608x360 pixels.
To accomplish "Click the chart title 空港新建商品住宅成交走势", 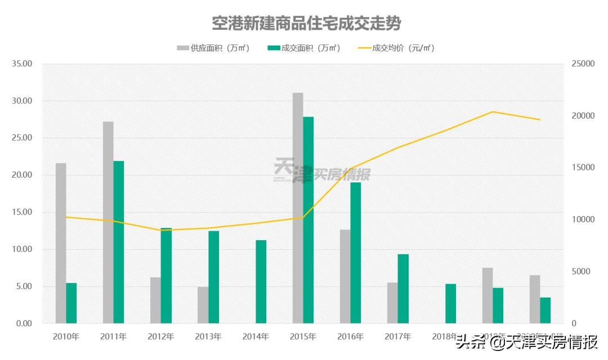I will tap(306, 24).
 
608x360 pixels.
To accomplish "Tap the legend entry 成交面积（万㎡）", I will tap(304, 48).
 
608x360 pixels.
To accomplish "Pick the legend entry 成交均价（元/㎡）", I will tap(396, 48).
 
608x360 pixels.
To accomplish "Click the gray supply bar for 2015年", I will tap(298, 208).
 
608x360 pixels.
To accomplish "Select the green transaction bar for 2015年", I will tap(309, 220).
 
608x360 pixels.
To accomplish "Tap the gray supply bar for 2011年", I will tap(108, 222).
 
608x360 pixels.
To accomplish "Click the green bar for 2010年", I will tap(71, 303).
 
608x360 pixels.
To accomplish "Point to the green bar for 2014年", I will tap(261, 282).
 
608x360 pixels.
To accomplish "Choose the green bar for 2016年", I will tap(356, 253).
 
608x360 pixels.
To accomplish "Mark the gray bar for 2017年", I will tap(392, 303).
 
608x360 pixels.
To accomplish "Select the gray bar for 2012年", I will tap(155, 300).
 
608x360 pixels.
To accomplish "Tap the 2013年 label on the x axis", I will tap(208, 337).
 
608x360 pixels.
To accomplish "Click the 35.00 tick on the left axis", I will tap(23, 64).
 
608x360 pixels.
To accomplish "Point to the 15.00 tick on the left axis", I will tap(23, 213).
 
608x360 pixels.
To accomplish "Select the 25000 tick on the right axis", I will tap(582, 64).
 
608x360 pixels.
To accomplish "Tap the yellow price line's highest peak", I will tap(493, 112).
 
